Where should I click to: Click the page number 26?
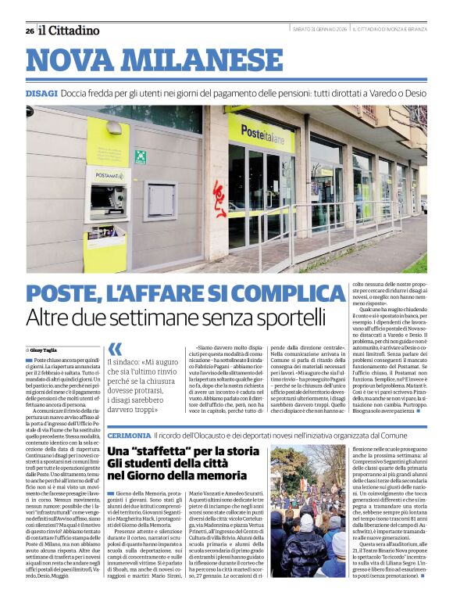pos(29,30)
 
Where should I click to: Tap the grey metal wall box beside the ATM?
pos(159,200)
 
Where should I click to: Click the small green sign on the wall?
pos(141,156)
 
